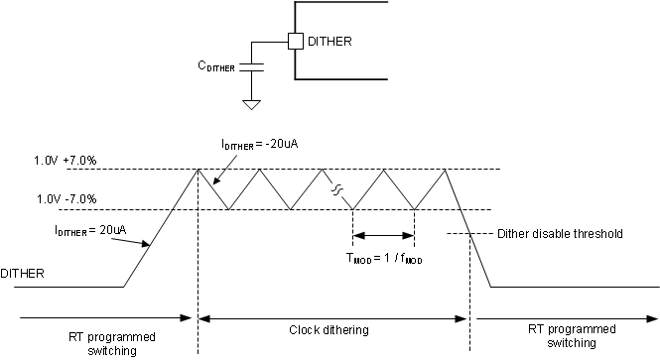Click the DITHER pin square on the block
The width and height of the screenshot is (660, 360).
pyautogui.click(x=295, y=42)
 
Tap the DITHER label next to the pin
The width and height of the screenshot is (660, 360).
pyautogui.click(x=330, y=42)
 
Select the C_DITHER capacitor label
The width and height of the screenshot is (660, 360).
pyautogui.click(x=217, y=67)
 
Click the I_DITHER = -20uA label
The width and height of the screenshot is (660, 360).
pyautogui.click(x=261, y=144)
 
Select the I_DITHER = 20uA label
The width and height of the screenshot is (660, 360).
pyautogui.click(x=89, y=230)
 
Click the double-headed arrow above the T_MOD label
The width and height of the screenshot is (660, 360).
pyautogui.click(x=383, y=236)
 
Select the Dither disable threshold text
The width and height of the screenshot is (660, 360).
pyautogui.click(x=559, y=235)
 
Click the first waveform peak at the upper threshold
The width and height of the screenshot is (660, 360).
pyautogui.click(x=198, y=170)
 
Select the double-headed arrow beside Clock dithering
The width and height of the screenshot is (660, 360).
pyautogui.click(x=333, y=319)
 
